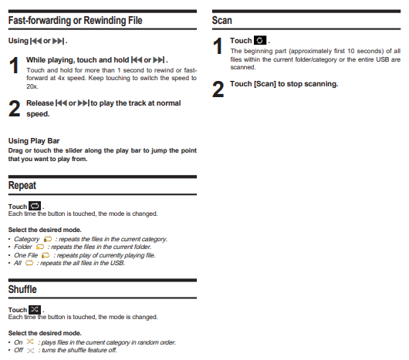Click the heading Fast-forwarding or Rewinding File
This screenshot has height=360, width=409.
(x=75, y=20)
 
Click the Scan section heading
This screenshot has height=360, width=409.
(x=222, y=20)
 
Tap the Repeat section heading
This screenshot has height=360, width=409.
(x=22, y=186)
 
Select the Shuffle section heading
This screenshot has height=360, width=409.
(x=22, y=289)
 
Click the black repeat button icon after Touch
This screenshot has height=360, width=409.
(x=35, y=206)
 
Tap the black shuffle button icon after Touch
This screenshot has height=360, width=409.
(x=35, y=309)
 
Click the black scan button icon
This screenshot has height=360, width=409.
(x=260, y=40)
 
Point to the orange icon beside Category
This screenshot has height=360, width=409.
(x=48, y=239)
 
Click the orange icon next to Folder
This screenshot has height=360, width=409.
(x=40, y=247)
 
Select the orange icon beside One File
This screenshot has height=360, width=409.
(x=46, y=255)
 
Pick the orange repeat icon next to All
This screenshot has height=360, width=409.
(x=29, y=263)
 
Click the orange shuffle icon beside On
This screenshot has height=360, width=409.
(x=30, y=341)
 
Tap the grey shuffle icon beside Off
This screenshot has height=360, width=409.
(x=31, y=351)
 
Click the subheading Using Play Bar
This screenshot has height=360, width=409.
(x=34, y=141)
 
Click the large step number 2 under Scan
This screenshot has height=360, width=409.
(x=218, y=89)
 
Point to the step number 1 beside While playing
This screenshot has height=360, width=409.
(x=14, y=65)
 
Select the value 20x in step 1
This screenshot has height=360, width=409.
(x=32, y=86)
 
